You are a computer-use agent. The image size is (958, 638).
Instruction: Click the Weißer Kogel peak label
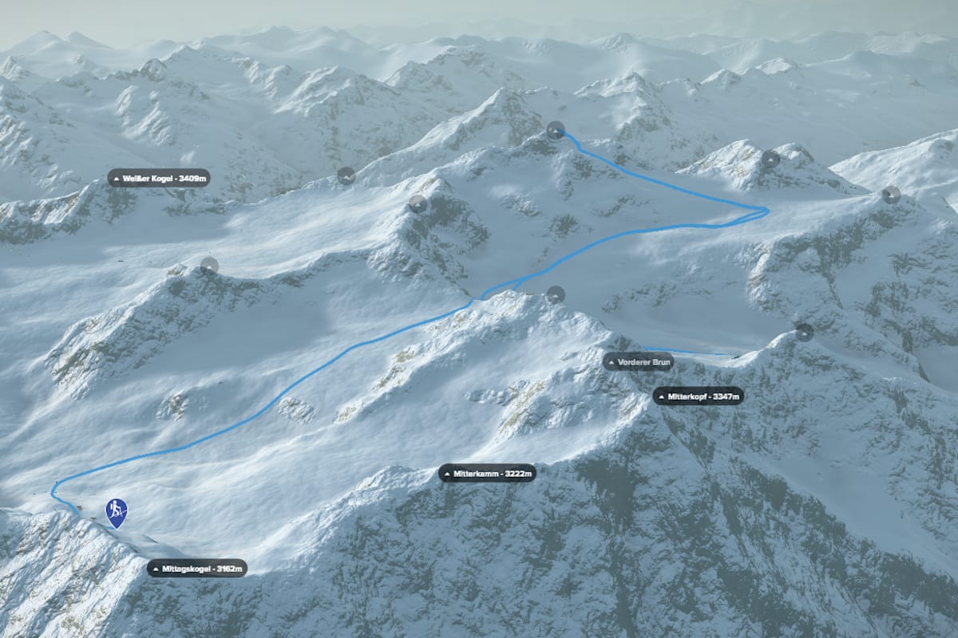pyautogui.click(x=159, y=177)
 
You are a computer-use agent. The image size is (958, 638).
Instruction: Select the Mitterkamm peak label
pyautogui.click(x=487, y=474)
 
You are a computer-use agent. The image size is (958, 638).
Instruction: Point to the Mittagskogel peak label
pyautogui.click(x=196, y=569)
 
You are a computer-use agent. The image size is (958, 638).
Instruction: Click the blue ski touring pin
pyautogui.click(x=117, y=511)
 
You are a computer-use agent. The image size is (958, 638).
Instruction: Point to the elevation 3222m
pyautogui.click(x=517, y=474)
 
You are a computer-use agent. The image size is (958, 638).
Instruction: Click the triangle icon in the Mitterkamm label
pyautogui.click(x=448, y=474)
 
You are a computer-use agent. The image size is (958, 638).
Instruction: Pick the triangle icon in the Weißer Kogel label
pyautogui.click(x=117, y=177)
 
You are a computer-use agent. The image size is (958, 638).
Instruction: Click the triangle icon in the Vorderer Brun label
pyautogui.click(x=612, y=362)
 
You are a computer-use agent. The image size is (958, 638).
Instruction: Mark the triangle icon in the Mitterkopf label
pyautogui.click(x=661, y=396)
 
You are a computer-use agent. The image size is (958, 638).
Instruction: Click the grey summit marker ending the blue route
pyautogui.click(x=556, y=130)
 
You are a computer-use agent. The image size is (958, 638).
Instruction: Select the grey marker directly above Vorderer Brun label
pyautogui.click(x=556, y=294)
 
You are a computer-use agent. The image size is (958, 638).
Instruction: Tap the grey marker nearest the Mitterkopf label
pyautogui.click(x=804, y=332)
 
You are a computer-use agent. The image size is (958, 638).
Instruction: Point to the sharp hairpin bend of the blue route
pyautogui.click(x=764, y=211)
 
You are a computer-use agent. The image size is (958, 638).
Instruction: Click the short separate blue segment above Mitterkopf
pyautogui.click(x=687, y=351)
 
